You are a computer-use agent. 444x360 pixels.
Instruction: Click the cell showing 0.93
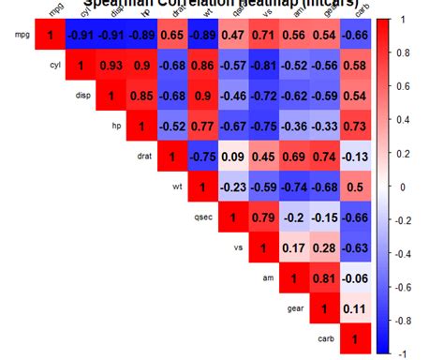[x=111, y=66]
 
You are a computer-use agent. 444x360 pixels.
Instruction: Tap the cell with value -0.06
[x=355, y=278]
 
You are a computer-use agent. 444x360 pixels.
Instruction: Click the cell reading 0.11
[x=355, y=308]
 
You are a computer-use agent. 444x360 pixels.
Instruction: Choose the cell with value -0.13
[x=355, y=156]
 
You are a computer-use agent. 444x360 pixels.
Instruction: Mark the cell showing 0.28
[x=324, y=247]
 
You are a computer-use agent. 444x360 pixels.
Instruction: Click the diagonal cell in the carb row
[x=355, y=338]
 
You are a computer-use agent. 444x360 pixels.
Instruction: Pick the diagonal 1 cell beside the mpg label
[x=50, y=35]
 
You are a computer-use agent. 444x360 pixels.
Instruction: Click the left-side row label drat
[x=143, y=157]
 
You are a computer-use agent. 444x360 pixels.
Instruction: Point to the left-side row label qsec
[x=204, y=217]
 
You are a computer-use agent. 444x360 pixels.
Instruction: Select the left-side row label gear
[x=297, y=308]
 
